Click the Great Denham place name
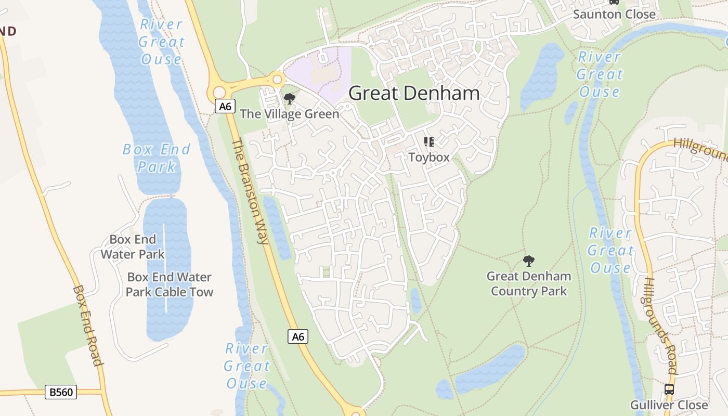click(414, 94)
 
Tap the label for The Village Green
click(290, 114)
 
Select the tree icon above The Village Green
click(290, 99)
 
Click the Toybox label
click(428, 157)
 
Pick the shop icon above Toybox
click(428, 142)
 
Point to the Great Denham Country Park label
click(529, 283)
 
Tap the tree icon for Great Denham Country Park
click(529, 261)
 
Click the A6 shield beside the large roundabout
click(224, 107)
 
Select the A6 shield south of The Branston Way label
click(298, 336)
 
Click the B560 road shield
click(61, 392)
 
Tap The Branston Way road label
click(250, 191)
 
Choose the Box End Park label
click(157, 158)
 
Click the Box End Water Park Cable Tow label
click(170, 284)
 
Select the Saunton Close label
click(614, 14)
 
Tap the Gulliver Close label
click(669, 405)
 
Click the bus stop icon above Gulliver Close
click(669, 389)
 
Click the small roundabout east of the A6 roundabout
click(277, 80)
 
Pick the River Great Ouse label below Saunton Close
click(599, 74)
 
